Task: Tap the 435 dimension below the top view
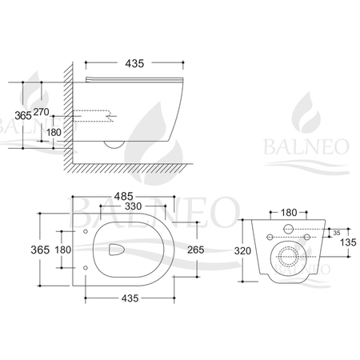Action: (121, 298)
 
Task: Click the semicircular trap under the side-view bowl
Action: (113, 143)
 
